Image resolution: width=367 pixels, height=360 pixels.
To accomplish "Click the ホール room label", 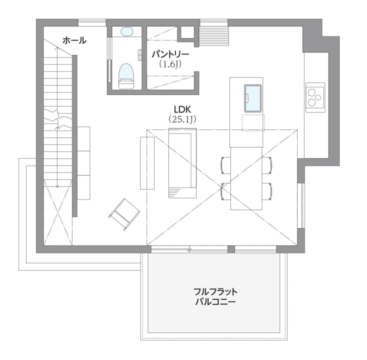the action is coord(74,40).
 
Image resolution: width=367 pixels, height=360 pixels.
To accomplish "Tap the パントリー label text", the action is coord(170,54).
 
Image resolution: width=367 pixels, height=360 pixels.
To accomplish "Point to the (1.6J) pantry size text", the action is coord(170,64).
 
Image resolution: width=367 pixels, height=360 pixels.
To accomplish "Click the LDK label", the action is coord(182,109).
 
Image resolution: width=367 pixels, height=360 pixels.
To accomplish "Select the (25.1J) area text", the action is coord(182,119).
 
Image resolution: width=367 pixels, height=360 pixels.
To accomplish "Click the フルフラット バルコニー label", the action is coord(215,296).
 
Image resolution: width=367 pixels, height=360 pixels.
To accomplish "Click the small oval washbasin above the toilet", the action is coord(127,31).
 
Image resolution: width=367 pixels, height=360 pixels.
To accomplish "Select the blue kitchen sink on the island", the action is coord(253,98).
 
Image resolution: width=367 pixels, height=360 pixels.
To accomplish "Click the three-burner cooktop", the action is coord(315,97).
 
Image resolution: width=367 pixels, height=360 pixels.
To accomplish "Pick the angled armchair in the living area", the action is coord(124,214).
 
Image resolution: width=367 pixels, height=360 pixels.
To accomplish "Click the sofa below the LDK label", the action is coord(182,163).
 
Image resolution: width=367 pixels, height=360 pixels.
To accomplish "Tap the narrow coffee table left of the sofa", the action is coord(147,163).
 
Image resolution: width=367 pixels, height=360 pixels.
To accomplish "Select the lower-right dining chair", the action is coord(267,191).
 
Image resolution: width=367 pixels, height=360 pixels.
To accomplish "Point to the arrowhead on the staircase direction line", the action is coord(57,48).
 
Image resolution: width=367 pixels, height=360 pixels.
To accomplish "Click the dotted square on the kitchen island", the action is coord(253,122).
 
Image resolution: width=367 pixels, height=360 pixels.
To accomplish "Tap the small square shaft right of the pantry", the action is coord(187,32).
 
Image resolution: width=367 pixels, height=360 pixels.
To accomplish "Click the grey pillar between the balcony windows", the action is coord(231,249).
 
